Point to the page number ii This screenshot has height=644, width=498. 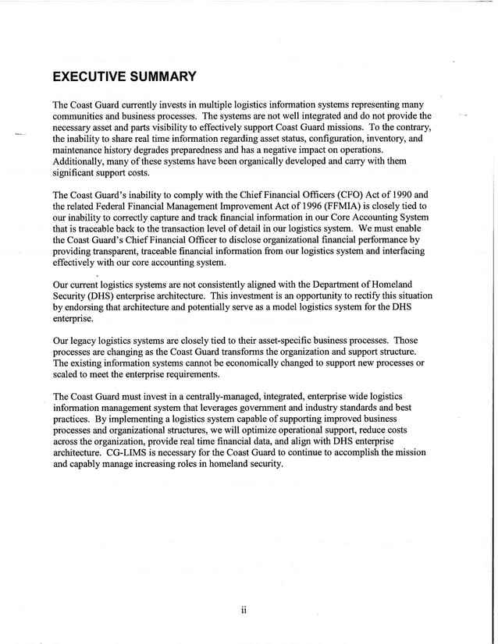coord(244,609)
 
